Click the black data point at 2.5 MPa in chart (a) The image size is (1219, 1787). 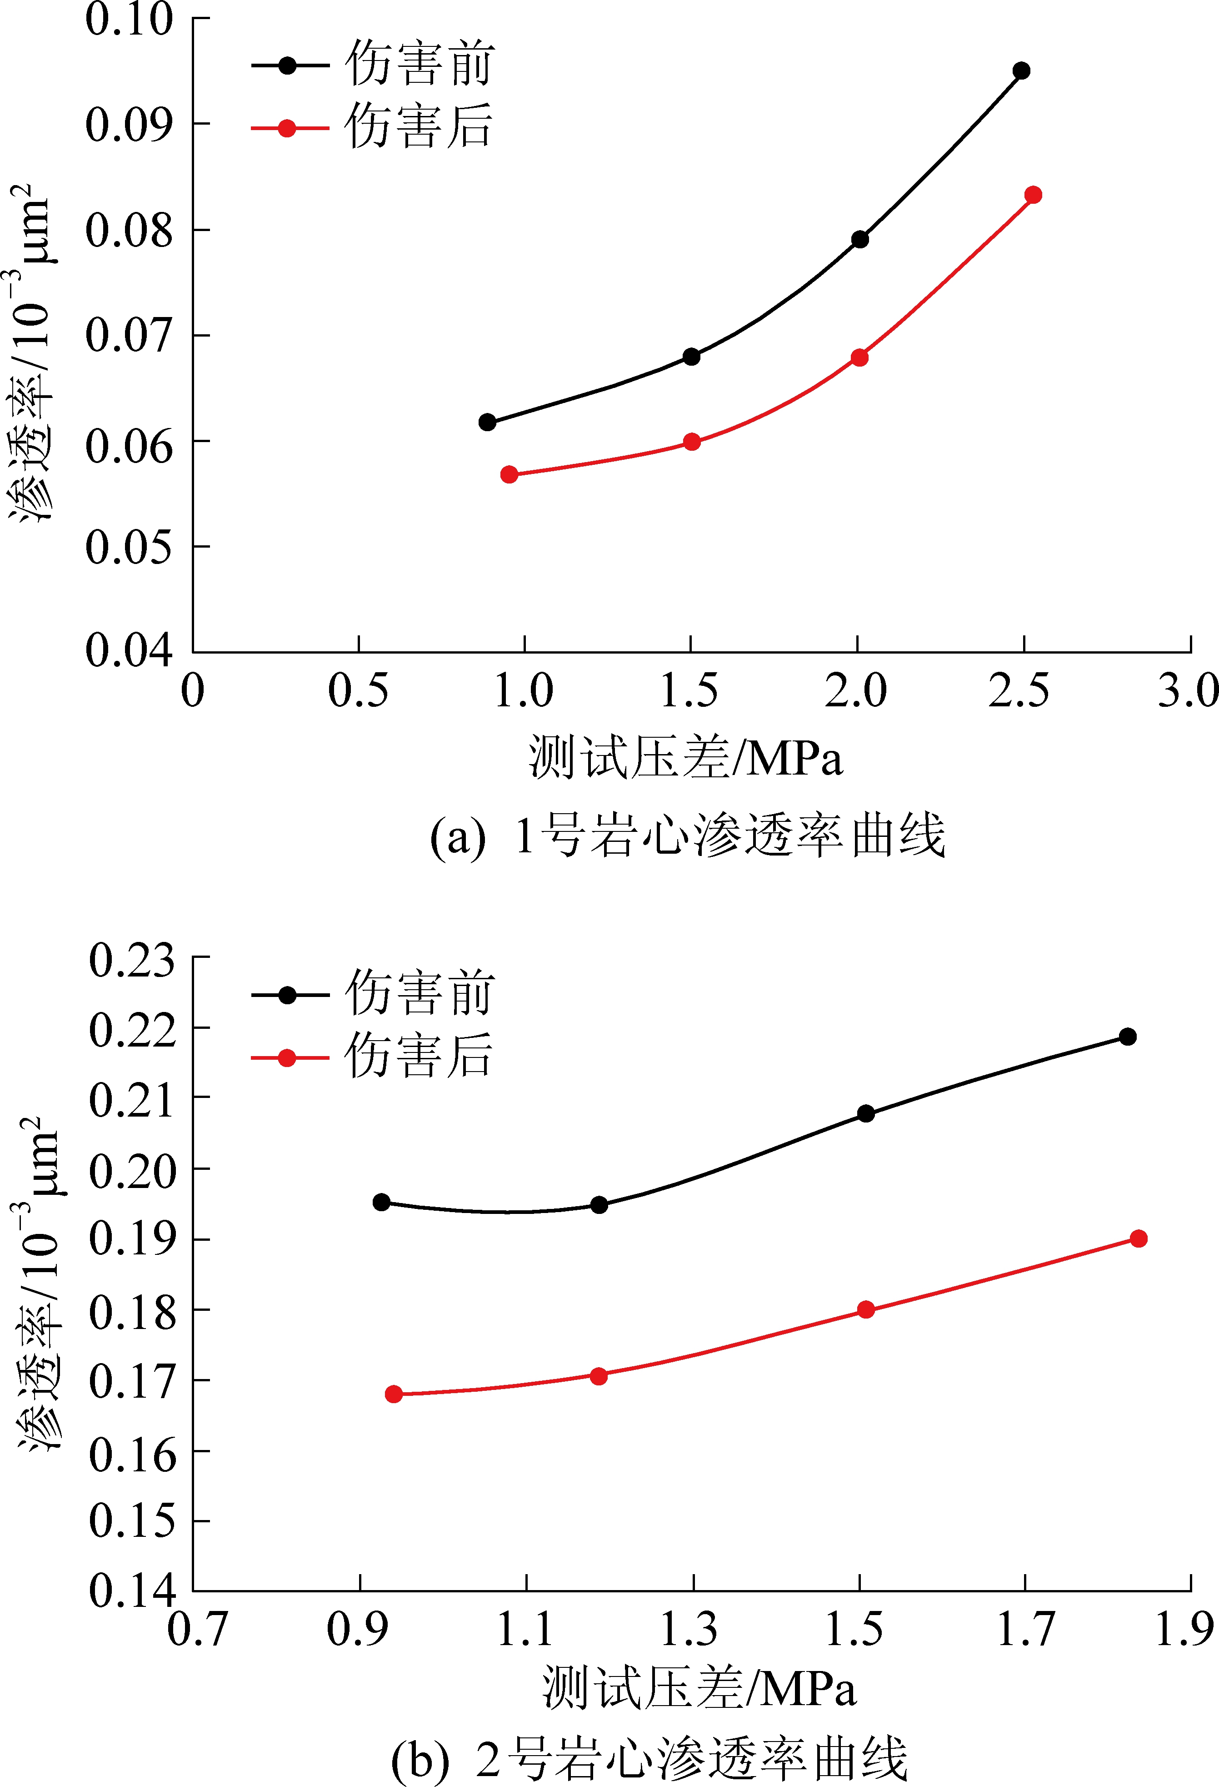point(1021,71)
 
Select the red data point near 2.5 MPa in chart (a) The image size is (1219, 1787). point(1033,195)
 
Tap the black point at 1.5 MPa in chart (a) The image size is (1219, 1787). point(691,356)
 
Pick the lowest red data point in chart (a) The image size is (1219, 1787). point(509,474)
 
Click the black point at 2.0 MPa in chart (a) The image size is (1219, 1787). point(860,239)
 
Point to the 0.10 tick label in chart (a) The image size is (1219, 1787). point(129,19)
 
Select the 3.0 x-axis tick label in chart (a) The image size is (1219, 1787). point(1188,690)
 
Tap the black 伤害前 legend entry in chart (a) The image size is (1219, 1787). point(373,65)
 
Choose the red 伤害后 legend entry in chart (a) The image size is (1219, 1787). point(373,128)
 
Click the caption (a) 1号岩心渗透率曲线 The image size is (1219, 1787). point(687,836)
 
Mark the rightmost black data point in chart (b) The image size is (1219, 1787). point(1128,1037)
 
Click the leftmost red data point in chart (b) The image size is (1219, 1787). point(394,1394)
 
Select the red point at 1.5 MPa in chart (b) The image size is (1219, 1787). point(865,1309)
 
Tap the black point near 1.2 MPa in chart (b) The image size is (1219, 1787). point(599,1205)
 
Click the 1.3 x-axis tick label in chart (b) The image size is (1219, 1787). point(689,1629)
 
